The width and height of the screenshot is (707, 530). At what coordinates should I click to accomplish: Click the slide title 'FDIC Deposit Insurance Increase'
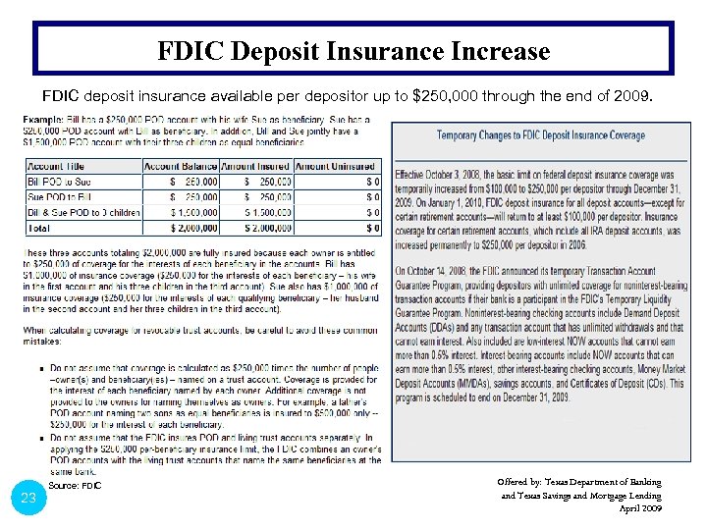click(x=353, y=50)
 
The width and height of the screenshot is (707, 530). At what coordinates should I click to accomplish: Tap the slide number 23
click(x=28, y=498)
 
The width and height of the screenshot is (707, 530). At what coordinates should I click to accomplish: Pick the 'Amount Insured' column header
click(x=256, y=166)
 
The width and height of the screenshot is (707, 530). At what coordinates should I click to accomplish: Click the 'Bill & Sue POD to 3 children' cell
click(x=83, y=212)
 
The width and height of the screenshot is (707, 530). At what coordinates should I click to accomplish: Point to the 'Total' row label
click(x=40, y=228)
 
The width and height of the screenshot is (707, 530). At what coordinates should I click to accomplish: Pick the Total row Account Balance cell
click(x=184, y=228)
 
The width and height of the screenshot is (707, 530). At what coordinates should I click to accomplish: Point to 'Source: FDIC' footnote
click(x=75, y=486)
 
